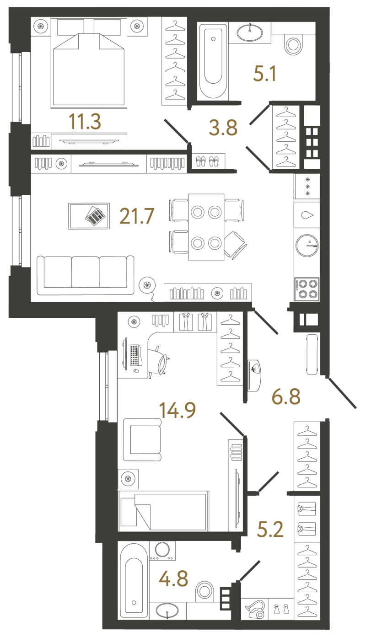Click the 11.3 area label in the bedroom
click(x=85, y=122)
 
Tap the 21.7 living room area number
click(x=137, y=216)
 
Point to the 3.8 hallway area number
click(x=223, y=128)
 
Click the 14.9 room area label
click(x=178, y=410)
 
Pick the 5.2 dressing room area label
click(x=270, y=530)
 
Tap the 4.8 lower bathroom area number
click(x=173, y=578)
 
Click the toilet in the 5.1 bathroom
click(x=293, y=43)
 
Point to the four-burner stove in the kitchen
click(x=307, y=289)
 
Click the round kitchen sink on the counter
click(x=307, y=245)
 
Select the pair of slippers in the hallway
click(x=207, y=161)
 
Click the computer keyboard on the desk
click(x=135, y=355)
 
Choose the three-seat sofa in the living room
click(x=86, y=275)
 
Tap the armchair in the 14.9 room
click(x=142, y=439)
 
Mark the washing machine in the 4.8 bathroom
click(x=162, y=551)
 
